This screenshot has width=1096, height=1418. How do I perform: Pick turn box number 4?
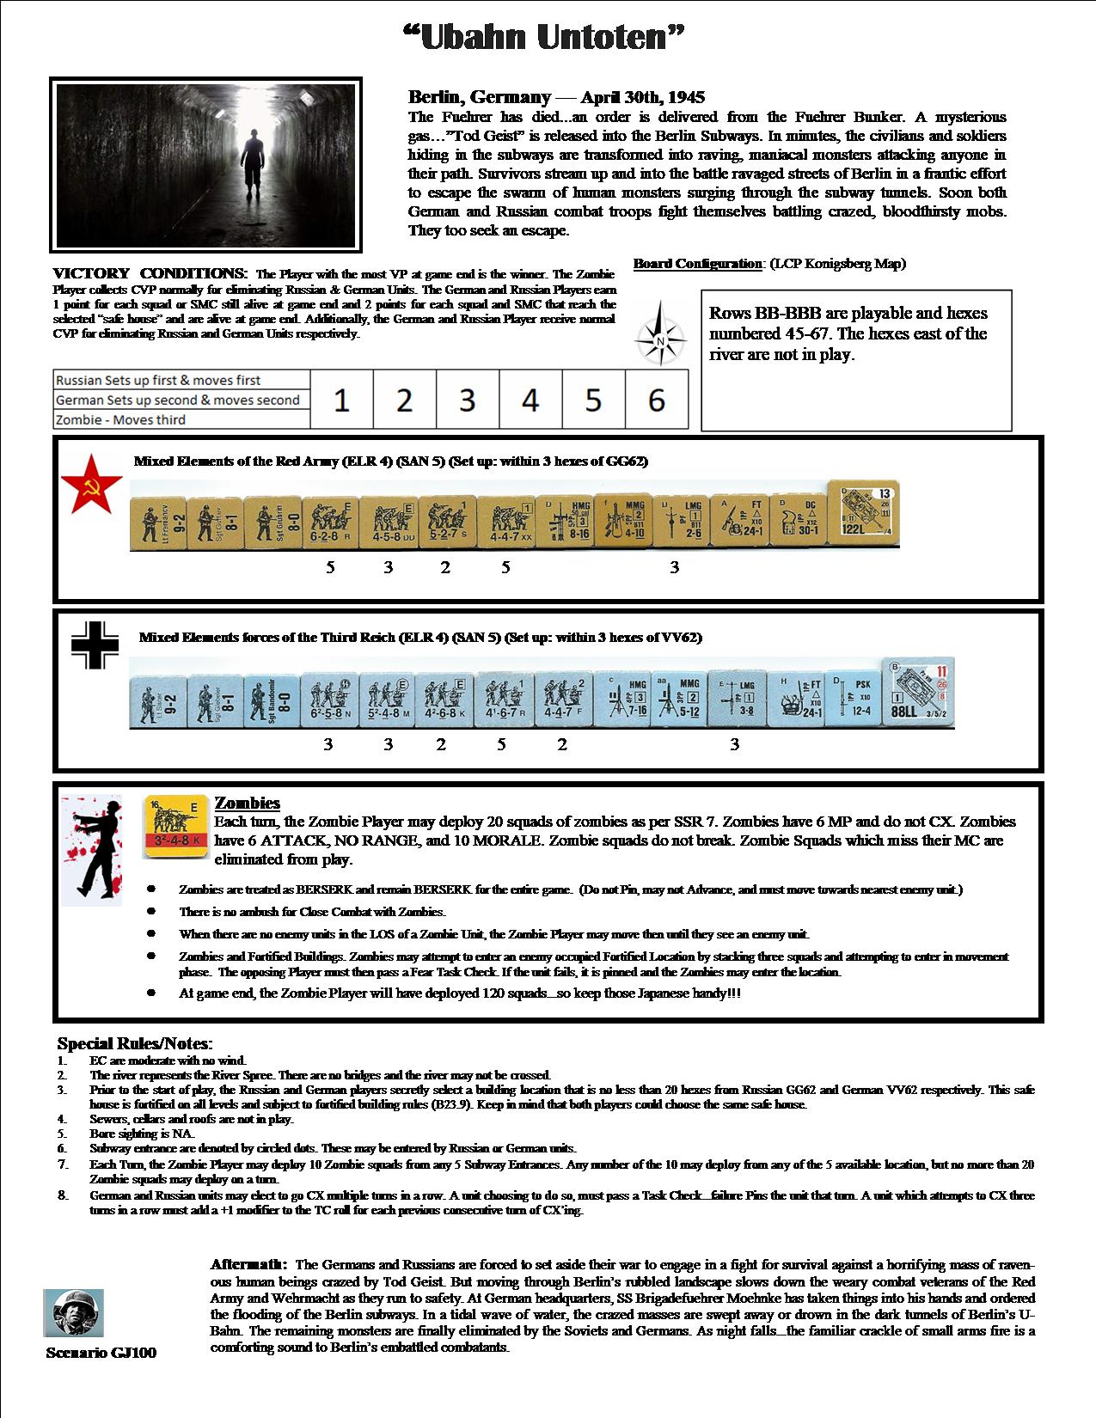530,400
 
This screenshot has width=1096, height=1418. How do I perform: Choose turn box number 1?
341,400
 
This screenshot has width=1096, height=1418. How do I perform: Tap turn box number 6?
657,400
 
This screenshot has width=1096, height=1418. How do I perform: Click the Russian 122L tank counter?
863,514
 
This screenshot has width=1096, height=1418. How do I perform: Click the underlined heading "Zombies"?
247,803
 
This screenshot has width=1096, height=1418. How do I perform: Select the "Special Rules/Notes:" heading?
134,1044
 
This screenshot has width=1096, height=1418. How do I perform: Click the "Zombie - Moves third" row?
181,419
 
